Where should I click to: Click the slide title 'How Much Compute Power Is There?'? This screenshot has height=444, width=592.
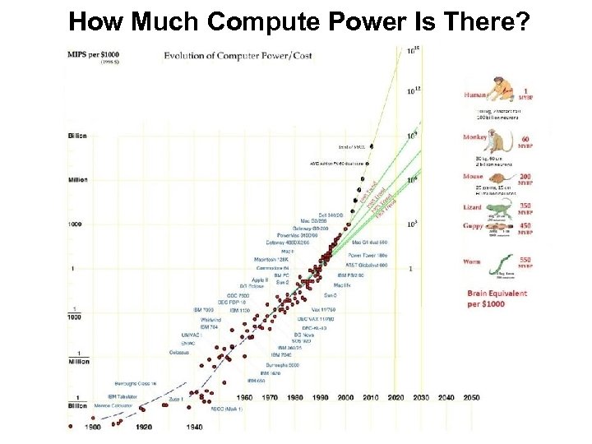click(298, 21)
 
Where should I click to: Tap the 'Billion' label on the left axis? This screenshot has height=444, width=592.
click(76, 135)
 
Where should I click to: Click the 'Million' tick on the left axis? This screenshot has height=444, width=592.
click(77, 178)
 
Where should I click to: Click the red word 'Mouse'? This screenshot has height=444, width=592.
click(473, 175)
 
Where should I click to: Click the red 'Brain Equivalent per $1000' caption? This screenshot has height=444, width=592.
click(497, 298)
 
